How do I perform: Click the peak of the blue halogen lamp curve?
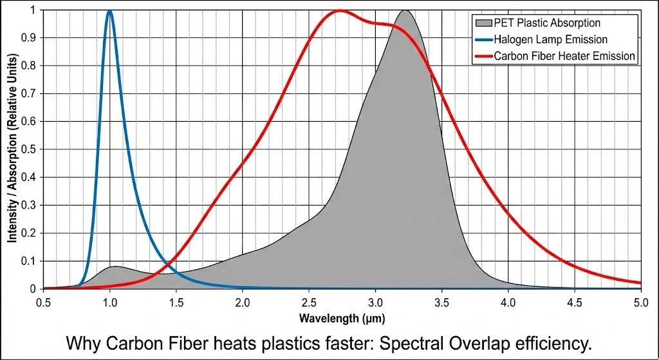tap(109, 11)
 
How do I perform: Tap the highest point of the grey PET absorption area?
tap(404, 10)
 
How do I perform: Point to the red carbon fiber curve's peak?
tap(339, 11)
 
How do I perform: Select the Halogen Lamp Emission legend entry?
tap(550, 40)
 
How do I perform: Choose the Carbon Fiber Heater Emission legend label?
tap(564, 56)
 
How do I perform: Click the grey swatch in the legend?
tap(479, 23)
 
